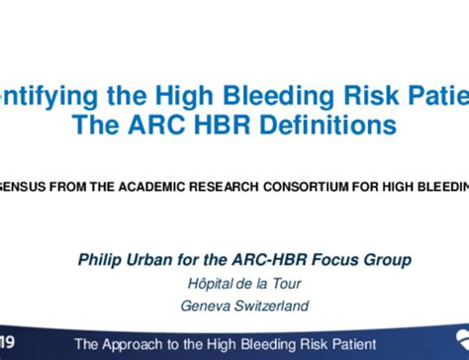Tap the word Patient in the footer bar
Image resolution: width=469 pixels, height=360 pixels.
[350, 344]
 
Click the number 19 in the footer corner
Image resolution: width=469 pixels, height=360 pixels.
[8, 343]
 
